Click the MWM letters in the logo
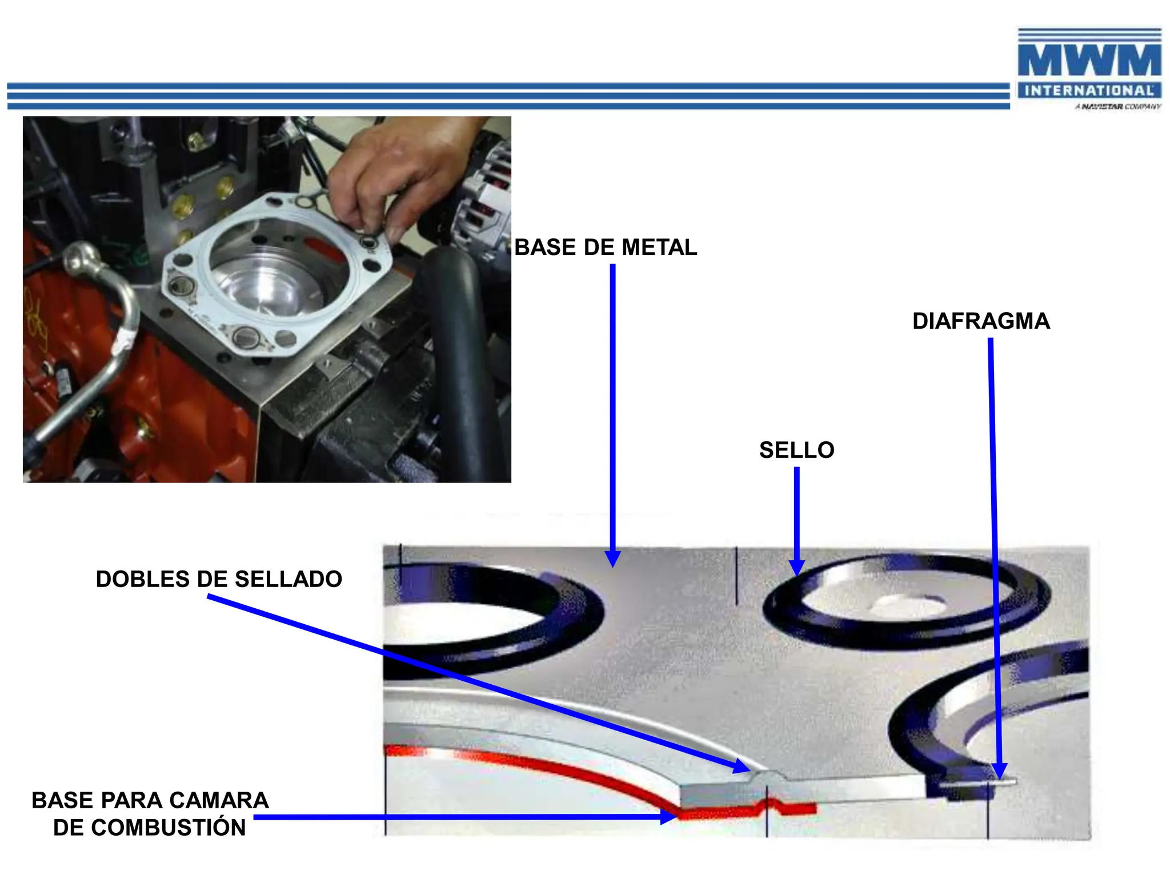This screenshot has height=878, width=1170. (1089, 60)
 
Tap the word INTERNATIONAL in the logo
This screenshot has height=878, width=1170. (1089, 91)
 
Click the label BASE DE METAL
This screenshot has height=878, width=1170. (606, 248)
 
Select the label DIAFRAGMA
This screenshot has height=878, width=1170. (981, 321)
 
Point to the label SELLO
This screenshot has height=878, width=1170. (796, 450)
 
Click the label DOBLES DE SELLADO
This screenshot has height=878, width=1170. (219, 580)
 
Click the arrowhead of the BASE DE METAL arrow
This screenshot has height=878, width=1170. (612, 560)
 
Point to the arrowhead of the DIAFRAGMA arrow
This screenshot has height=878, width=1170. (999, 772)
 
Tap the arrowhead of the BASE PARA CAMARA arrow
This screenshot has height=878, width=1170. (668, 817)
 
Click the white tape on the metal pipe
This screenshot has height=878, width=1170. (124, 343)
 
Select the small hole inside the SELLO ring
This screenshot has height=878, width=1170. (908, 604)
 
